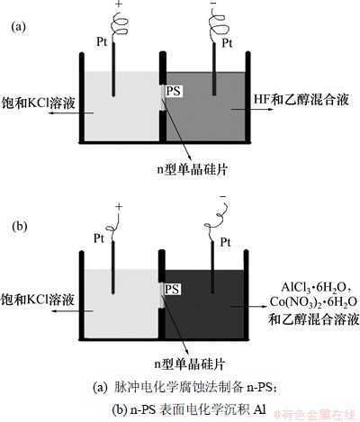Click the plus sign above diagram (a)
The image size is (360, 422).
120,4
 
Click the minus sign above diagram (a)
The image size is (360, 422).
214,4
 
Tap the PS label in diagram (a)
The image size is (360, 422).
174,90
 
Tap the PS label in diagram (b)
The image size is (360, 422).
172,289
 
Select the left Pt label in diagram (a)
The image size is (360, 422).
102,41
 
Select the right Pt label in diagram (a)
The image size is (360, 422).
227,43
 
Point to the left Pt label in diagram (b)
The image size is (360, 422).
99,238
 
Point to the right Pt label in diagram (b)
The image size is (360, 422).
226,242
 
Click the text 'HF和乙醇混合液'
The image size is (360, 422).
301,99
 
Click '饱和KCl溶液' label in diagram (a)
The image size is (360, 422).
38,103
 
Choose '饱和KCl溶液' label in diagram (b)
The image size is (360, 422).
38,300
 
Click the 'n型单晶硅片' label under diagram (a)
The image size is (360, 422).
193,169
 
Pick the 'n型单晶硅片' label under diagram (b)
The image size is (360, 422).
190,364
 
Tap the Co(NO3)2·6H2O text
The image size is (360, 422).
313,302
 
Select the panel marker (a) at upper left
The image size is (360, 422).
19,27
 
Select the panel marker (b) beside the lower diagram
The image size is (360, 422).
19,226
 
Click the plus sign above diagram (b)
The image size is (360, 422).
119,206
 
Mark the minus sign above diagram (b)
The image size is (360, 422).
223,197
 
